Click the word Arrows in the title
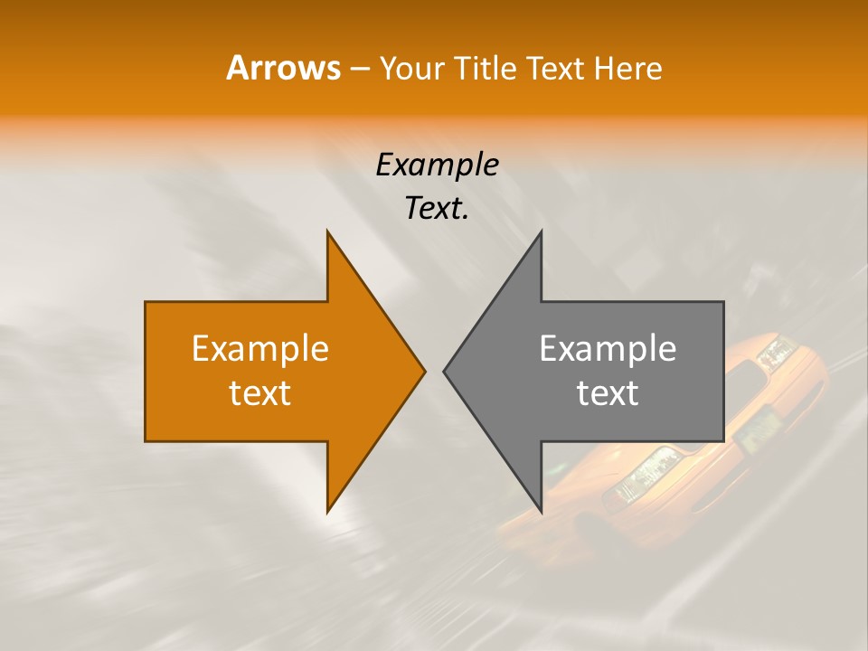click(x=283, y=68)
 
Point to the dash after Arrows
click(x=359, y=69)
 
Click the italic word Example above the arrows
click(x=437, y=165)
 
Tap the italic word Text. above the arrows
click(x=437, y=208)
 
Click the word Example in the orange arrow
click(x=259, y=348)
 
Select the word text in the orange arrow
click(x=259, y=392)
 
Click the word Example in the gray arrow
click(x=608, y=348)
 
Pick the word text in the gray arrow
click(x=608, y=392)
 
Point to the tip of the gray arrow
click(x=445, y=371)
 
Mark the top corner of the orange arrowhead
click(x=328, y=231)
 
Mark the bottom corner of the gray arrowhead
click(x=541, y=512)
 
